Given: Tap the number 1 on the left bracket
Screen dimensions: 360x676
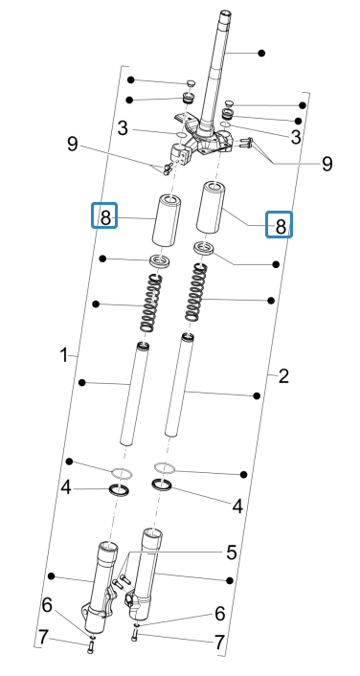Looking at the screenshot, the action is click(64, 355).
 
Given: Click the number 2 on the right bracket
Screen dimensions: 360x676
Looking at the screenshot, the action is click(283, 376).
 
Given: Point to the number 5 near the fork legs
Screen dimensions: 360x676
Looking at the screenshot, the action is click(231, 552).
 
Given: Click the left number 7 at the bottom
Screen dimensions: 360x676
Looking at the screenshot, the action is click(42, 637).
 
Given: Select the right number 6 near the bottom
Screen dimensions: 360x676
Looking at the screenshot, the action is click(220, 614).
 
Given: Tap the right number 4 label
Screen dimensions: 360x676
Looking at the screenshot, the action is click(237, 507).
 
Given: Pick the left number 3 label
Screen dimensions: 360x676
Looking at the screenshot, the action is click(124, 128).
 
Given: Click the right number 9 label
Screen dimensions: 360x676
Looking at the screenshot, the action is click(326, 164).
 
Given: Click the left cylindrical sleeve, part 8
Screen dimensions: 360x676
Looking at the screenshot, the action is click(167, 220).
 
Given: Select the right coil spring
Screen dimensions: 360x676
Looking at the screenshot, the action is click(196, 292).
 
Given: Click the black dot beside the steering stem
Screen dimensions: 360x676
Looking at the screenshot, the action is click(261, 53).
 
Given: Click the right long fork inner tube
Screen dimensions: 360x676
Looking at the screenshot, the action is click(179, 385).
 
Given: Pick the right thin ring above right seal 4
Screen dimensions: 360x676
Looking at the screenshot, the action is click(165, 467).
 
